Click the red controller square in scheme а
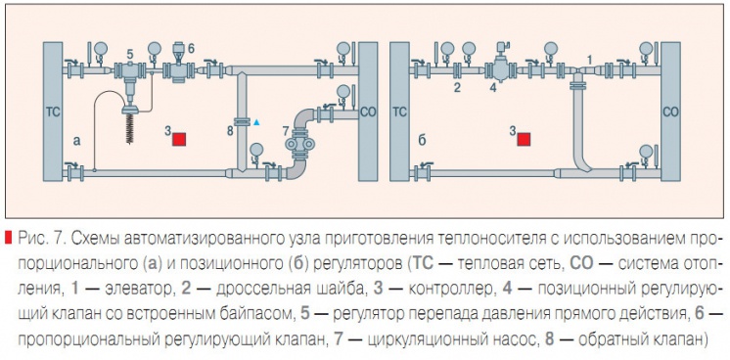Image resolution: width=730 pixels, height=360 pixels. (179, 138)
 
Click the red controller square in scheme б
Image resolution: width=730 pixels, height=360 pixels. (525, 139)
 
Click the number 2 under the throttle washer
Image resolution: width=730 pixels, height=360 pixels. (456, 87)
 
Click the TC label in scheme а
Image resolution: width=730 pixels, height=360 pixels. (54, 112)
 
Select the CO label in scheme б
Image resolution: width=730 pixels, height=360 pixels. (670, 112)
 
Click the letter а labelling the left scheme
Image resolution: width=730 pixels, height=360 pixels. (77, 140)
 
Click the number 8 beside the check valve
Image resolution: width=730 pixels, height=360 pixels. (231, 128)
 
